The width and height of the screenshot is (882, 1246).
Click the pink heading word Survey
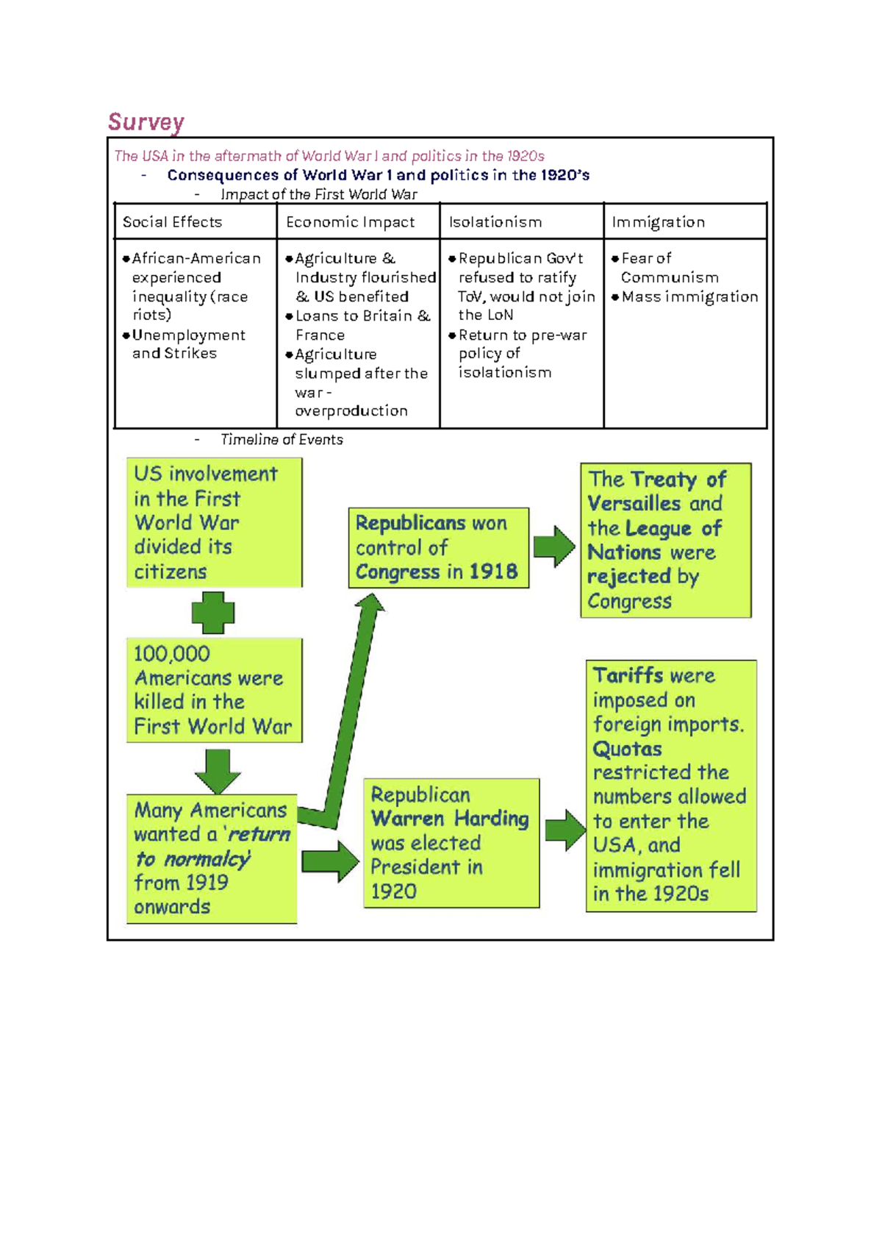pos(146,122)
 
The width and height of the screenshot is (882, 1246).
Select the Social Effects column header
pos(172,222)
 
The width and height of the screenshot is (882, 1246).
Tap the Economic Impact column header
pos(350,222)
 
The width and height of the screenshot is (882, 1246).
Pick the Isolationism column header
pos(495,222)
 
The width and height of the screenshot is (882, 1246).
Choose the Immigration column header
pos(659,222)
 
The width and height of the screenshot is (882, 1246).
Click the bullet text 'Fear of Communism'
pos(670,268)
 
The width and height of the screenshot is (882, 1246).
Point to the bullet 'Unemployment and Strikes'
pos(188,344)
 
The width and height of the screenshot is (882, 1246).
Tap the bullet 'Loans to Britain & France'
pos(362,325)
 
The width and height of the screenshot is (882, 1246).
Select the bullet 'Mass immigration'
pos(689,296)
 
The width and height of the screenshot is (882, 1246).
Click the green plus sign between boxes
pos(213,613)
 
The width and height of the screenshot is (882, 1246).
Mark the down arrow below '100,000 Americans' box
pos(218,772)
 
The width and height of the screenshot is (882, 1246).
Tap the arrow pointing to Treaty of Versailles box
pos(554,547)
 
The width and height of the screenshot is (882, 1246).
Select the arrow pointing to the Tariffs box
pos(565,830)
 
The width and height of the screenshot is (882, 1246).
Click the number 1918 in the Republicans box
pos(493,572)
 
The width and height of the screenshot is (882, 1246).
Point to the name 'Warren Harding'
pos(450,819)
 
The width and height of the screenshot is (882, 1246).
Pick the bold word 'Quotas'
pos(627,750)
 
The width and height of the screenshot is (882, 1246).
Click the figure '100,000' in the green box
pos(172,654)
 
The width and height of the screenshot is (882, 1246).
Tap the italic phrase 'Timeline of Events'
pos(282,439)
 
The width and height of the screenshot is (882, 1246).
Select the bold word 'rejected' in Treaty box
pos(629,577)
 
